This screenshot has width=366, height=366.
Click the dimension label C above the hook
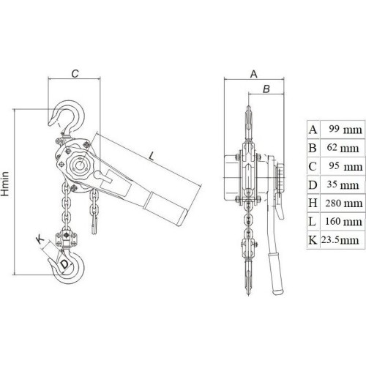[75, 73]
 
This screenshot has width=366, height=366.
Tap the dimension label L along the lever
[151, 155]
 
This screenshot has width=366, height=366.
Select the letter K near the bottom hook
[40, 238]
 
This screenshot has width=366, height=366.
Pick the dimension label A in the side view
[254, 73]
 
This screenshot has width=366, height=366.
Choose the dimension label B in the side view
[266, 89]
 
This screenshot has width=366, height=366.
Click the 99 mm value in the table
[343, 130]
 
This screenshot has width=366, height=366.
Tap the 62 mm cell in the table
[343, 148]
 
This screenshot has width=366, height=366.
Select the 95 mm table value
[343, 166]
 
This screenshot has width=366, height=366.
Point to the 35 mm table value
[343, 184]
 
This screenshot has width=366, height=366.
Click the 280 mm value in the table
[343, 203]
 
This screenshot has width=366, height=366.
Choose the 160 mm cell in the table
[343, 221]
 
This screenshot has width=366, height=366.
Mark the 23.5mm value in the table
[342, 239]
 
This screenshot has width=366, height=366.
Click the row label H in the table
[313, 203]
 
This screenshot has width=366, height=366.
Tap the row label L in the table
[313, 221]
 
